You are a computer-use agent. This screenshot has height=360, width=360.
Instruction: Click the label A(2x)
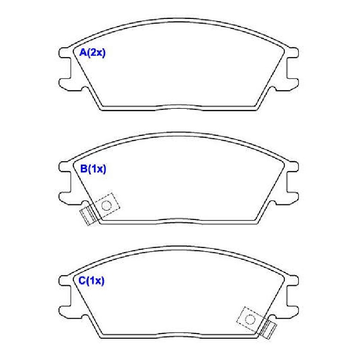point(92,53)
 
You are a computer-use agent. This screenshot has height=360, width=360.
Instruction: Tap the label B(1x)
point(93,169)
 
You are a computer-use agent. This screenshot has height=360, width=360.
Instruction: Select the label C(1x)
point(91,281)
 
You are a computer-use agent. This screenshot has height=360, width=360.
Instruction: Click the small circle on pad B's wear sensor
point(106,205)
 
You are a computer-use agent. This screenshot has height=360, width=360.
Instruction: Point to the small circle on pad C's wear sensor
point(250,319)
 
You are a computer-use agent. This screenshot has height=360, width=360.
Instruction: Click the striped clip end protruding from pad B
point(88,216)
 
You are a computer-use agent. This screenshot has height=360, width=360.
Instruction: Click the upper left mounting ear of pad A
point(65,53)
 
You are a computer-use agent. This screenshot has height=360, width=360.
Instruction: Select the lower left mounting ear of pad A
point(65,85)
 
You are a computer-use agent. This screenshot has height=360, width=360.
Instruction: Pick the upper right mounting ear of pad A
point(292,53)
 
